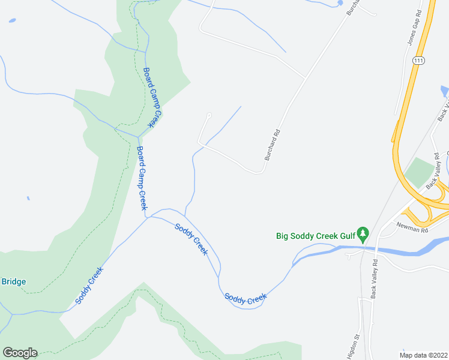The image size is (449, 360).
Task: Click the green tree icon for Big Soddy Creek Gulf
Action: point(362,233)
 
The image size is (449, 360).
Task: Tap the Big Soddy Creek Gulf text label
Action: point(315,236)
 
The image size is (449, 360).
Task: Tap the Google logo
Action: point(20,353)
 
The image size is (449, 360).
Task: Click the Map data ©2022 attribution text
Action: point(423,355)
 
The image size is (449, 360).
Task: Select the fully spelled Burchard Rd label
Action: point(273,145)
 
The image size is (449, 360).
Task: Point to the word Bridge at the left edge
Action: point(13,281)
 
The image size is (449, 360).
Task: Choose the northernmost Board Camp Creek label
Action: point(152,97)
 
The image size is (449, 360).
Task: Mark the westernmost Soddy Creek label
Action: point(90,285)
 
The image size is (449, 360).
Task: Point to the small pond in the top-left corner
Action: point(12,21)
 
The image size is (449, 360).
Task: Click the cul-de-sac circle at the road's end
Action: point(209,116)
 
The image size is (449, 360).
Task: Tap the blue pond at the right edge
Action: point(444,92)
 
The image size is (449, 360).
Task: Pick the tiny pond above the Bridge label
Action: point(28,198)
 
